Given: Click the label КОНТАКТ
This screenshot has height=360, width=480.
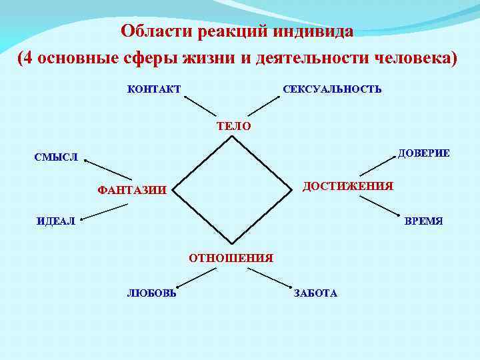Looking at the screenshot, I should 153,89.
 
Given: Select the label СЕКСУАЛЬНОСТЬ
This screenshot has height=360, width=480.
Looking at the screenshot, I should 333,89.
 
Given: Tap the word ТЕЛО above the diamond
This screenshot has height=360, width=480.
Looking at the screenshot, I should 234,125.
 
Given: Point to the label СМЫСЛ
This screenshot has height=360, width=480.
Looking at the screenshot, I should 57,158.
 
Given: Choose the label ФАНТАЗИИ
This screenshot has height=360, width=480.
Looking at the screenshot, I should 132,190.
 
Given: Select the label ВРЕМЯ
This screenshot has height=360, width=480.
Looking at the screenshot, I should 424,221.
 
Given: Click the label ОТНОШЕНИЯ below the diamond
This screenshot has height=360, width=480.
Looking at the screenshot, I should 231,257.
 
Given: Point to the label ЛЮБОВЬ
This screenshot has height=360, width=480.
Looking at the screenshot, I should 152,293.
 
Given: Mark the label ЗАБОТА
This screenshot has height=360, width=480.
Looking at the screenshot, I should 315,293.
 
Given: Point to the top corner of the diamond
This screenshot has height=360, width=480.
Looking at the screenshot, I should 232,137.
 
